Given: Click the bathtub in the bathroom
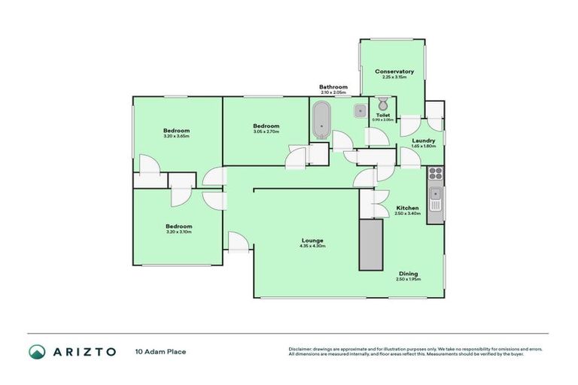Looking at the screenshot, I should pos(321,120).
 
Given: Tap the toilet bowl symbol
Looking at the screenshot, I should pos(382,105).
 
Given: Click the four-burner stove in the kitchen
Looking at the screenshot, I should pos(435,176).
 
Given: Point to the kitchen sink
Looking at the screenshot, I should pos(435,199).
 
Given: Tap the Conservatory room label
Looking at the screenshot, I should pos(394,71).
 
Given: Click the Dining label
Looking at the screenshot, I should pos(408,274).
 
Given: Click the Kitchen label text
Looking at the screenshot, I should pos(407,208).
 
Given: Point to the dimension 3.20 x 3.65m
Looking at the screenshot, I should pos(176,136).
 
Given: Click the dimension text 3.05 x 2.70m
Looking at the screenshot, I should pos(266,132).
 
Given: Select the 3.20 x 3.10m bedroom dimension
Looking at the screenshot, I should pos(178,232).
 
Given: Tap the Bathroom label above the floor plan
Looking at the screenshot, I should pos(333,87).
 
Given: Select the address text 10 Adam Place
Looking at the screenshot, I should pos(160,351).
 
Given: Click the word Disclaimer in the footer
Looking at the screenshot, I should pos(300,349).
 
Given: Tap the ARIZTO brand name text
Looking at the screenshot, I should pos(84,351).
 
